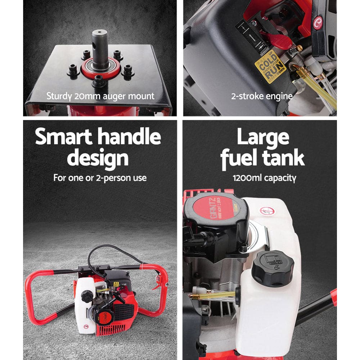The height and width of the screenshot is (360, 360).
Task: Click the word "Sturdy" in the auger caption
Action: [59, 96]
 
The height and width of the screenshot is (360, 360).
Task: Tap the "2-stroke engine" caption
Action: [261, 96]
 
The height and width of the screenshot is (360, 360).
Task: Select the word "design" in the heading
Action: [98, 158]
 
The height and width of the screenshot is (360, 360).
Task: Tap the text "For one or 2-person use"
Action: [100, 177]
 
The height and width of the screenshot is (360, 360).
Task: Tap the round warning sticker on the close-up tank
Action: [267, 211]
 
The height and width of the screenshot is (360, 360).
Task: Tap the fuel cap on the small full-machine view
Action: [86, 296]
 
